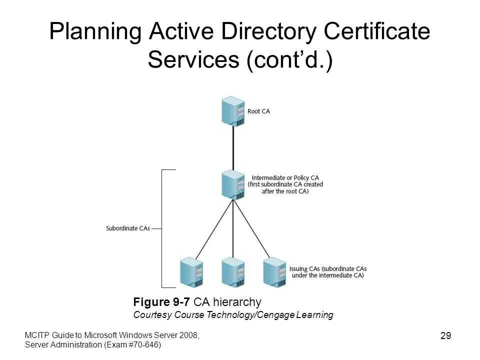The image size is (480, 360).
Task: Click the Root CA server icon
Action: coord(233,111)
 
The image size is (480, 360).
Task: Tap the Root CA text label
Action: coord(258,111)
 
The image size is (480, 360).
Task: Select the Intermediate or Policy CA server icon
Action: coord(233,184)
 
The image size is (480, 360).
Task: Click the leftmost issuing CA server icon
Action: coord(191,272)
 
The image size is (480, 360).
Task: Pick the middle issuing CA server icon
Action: coord(233,272)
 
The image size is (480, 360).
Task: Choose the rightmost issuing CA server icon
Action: coord(274,272)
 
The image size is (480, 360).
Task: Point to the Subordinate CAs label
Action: coord(128,228)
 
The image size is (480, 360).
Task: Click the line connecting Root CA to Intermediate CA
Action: coord(233,147)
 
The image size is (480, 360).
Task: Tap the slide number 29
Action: coord(445,336)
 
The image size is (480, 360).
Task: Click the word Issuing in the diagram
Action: coord(298,269)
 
